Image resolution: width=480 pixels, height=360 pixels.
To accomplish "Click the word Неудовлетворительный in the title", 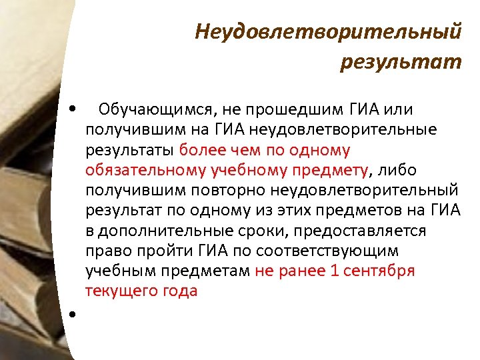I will click(328, 32).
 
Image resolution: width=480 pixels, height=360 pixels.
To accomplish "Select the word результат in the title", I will click(400, 62).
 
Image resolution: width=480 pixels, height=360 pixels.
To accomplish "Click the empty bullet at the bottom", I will click(71, 313).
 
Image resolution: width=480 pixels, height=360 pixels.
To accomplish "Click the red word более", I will click(204, 149).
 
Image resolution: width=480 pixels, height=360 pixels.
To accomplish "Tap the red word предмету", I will click(327, 170).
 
